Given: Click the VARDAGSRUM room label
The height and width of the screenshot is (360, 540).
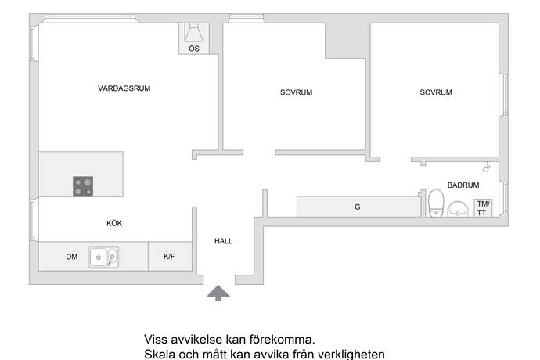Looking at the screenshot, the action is [124, 88].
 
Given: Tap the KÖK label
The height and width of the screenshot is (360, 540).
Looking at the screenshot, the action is [114, 223].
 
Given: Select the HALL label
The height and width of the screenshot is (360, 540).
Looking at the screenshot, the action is [223, 241].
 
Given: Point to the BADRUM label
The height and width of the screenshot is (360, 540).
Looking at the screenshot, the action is [463, 185].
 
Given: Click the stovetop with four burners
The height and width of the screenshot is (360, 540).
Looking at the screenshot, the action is [83, 186].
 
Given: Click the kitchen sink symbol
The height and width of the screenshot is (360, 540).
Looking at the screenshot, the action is [103, 257].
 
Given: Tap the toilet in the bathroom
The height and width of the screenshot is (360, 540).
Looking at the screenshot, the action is [436, 203].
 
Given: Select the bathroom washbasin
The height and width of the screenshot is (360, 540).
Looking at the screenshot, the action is [458, 210].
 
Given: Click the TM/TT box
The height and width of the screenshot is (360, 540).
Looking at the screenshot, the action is [483, 208].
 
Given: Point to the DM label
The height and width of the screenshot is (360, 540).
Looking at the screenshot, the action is [72, 257].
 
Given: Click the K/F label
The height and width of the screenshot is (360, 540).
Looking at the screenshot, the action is [169, 257].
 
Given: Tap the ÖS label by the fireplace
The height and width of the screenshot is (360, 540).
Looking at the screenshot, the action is [194, 49].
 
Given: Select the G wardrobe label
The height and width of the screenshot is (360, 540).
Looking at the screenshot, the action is [358, 207].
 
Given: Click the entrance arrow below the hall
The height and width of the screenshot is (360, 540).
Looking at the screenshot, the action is [218, 292].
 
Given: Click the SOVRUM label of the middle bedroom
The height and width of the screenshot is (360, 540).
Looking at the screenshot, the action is [296, 92].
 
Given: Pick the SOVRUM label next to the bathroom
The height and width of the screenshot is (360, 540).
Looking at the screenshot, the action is [436, 92].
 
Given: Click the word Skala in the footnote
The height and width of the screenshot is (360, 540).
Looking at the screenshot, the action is [160, 355].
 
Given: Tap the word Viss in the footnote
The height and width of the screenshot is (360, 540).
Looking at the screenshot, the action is [155, 340].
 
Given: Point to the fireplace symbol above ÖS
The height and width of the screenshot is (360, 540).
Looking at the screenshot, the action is [194, 33].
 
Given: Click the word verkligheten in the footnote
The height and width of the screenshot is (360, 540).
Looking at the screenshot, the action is [352, 355].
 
